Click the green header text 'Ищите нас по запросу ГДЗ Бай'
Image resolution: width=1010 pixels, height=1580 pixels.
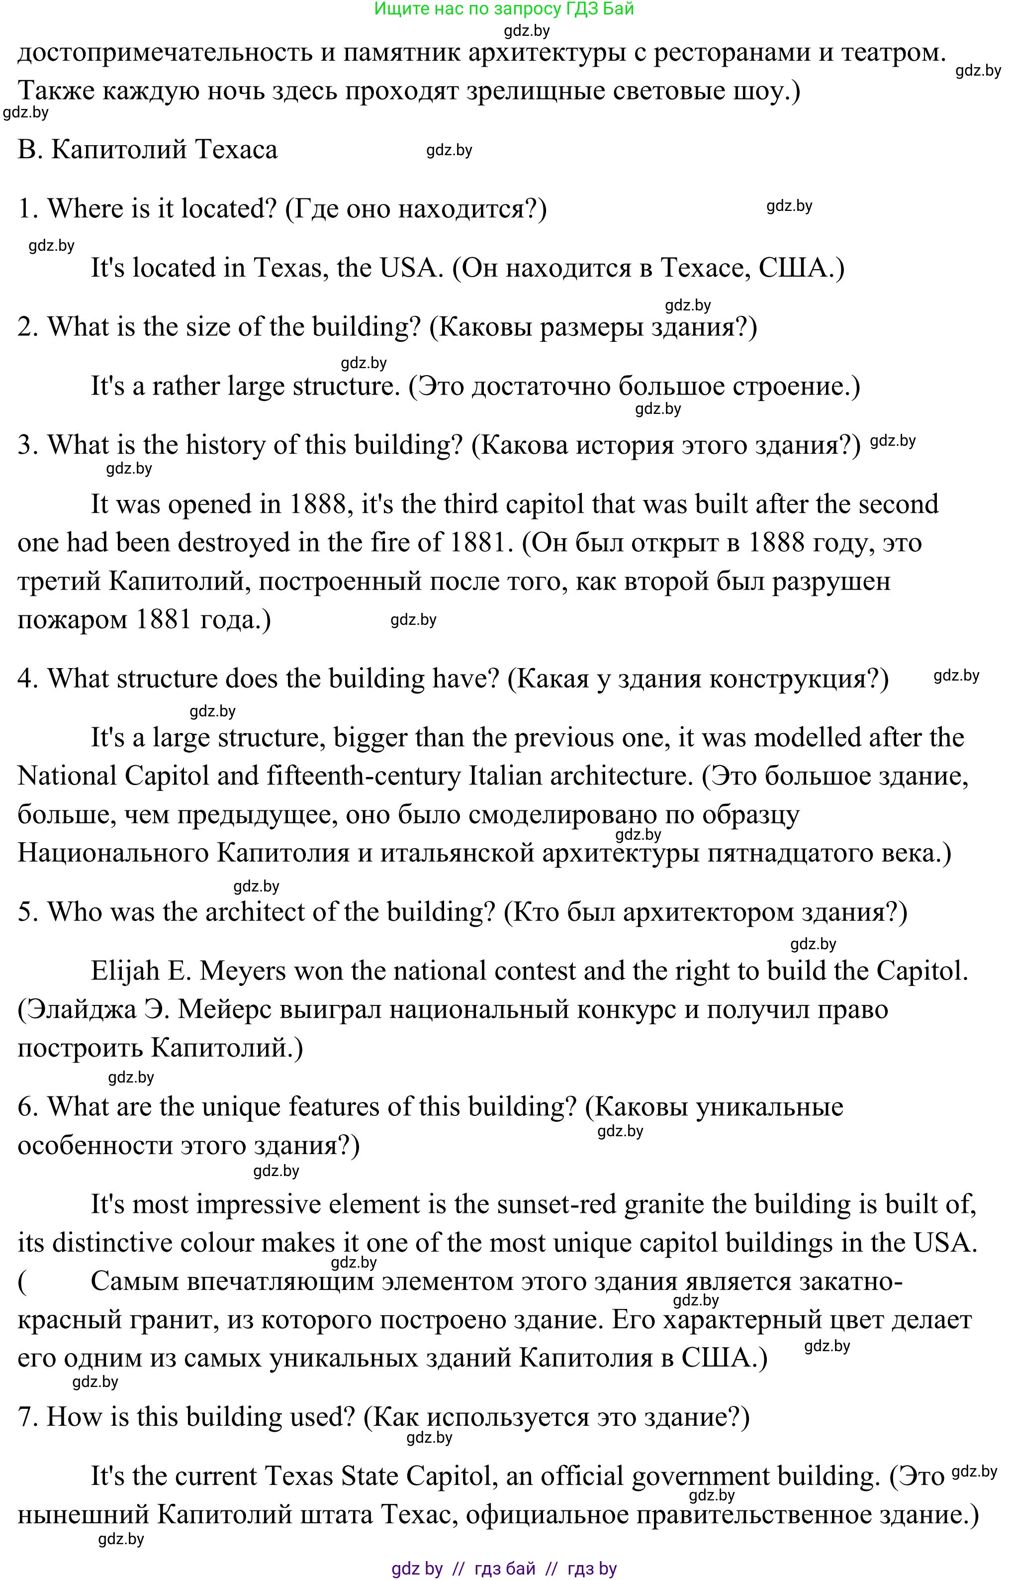504,9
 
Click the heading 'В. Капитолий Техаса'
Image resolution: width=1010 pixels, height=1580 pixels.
148,150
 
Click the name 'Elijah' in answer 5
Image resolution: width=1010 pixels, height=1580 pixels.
125,971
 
